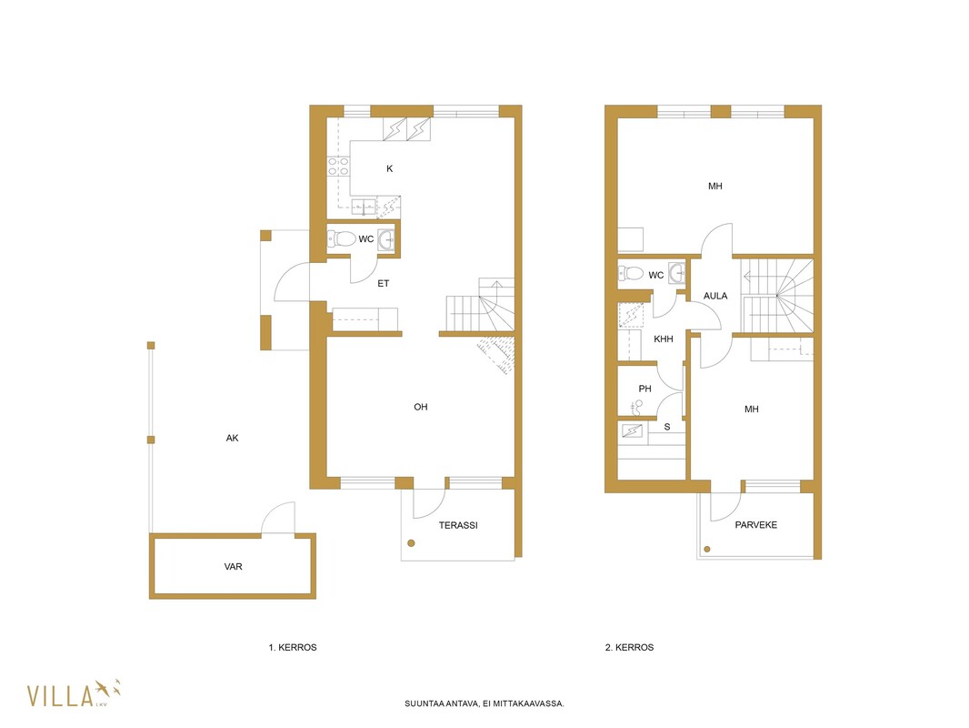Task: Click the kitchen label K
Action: (389, 168)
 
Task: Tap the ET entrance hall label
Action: (384, 283)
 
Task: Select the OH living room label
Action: (420, 407)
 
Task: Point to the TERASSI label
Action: (458, 525)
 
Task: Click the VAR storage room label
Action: (233, 566)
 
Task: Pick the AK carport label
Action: (232, 438)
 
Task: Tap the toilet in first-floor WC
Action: (341, 238)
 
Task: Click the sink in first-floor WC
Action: (386, 238)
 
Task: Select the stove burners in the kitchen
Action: (338, 167)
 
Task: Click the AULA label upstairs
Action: (715, 296)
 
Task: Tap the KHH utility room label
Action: (663, 339)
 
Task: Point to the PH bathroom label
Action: (644, 389)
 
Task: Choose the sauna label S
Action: (667, 427)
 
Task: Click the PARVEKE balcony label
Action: (755, 524)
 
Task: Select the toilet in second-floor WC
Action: (630, 273)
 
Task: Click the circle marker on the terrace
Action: (411, 543)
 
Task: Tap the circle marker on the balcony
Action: (707, 550)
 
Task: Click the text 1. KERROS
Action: (293, 647)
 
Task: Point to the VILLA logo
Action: (73, 694)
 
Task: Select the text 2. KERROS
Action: (629, 647)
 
